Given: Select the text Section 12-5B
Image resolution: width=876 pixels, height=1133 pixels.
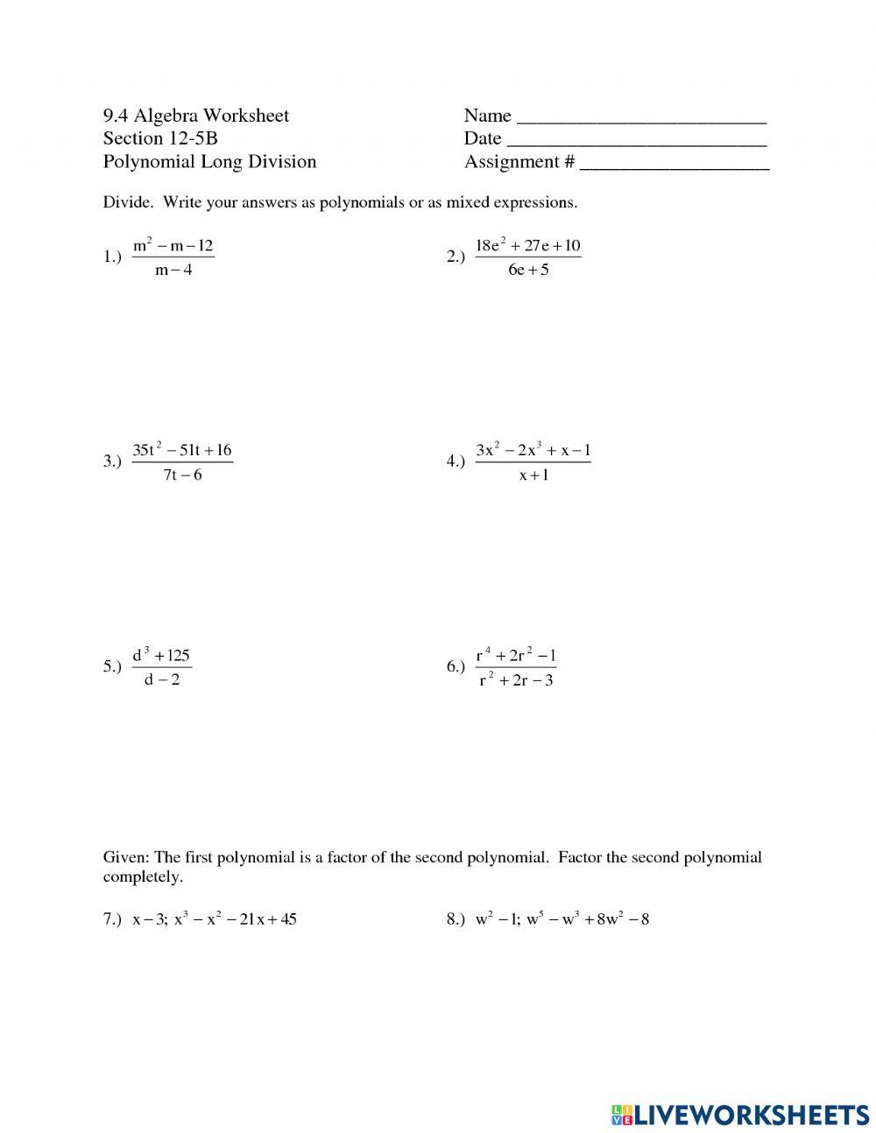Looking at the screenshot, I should [159, 138].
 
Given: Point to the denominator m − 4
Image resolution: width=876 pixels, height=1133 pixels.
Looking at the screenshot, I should [173, 270].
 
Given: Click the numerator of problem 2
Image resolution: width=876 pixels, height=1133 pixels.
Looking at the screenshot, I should [528, 246].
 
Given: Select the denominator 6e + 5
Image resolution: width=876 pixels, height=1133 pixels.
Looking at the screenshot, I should [528, 270].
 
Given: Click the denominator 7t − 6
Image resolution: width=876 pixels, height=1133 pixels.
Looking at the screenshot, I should [182, 475].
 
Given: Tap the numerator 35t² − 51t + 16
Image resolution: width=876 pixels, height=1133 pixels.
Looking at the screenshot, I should [182, 451].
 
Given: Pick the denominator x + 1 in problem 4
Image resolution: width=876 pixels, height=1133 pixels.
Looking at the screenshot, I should [533, 475].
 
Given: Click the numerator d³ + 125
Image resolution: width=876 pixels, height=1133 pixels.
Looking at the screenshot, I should [161, 656].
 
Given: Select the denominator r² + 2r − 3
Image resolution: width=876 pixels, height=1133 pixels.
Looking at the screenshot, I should [516, 680].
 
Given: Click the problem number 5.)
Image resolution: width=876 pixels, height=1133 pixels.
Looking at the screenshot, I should [112, 667].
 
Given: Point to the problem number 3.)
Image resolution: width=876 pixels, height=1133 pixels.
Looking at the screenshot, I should [112, 461].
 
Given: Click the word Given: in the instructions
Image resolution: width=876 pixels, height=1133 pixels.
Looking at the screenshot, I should [126, 857].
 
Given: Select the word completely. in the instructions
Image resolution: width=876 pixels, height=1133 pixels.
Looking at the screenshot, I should [143, 876].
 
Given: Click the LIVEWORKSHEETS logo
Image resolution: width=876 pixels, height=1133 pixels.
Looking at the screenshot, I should [739, 1114].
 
